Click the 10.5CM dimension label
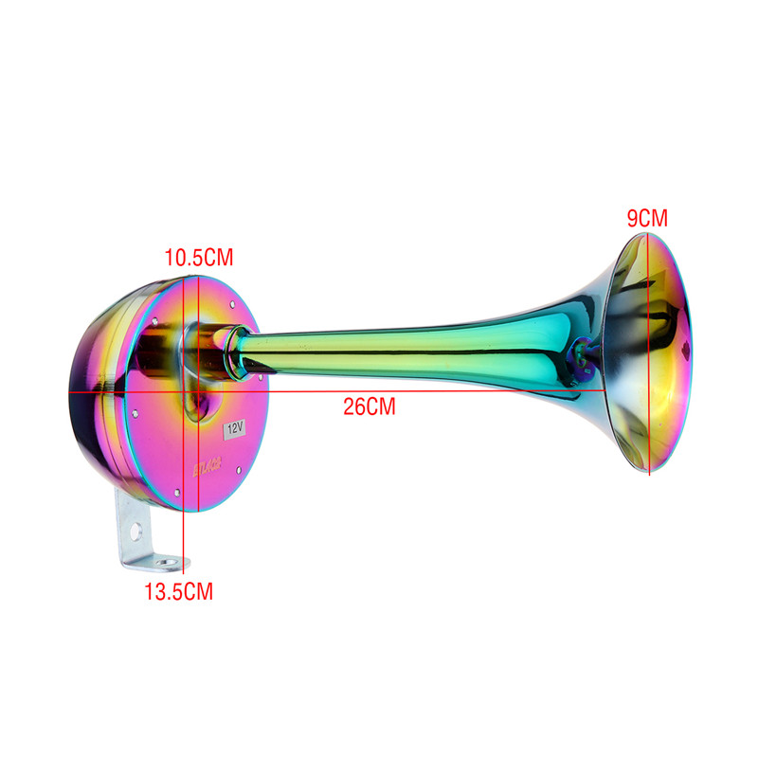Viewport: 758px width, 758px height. [x=198, y=257]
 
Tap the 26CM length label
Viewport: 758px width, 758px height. [x=369, y=407]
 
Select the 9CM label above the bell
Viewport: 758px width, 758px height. [x=647, y=218]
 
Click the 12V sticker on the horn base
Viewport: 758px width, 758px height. [x=234, y=428]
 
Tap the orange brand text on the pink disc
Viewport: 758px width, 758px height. [x=208, y=465]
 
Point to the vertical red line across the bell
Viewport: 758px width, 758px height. [x=648, y=379]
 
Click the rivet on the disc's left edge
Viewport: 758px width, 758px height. [x=139, y=413]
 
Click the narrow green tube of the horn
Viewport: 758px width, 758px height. [x=398, y=346]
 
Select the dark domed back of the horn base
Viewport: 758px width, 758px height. [x=95, y=398]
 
